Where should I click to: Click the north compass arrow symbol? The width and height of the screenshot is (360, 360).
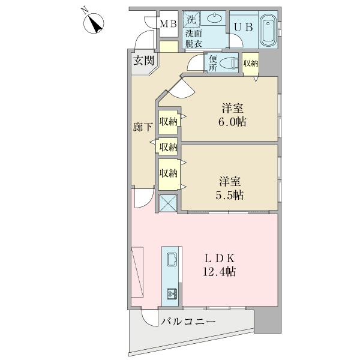[95, 24]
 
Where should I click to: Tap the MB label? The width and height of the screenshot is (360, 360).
[167, 24]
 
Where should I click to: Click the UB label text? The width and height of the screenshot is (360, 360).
[243, 27]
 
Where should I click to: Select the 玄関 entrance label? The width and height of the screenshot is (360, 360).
[144, 60]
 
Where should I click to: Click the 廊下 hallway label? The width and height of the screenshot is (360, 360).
[142, 127]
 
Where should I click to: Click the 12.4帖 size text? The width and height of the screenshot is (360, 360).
[220, 271]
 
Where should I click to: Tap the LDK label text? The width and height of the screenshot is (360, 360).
[220, 257]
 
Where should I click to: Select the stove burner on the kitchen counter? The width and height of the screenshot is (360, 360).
[172, 293]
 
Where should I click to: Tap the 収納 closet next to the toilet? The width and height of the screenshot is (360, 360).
[250, 62]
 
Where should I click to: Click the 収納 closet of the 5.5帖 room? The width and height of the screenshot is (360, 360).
[168, 173]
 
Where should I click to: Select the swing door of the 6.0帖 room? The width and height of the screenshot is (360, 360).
[181, 88]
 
